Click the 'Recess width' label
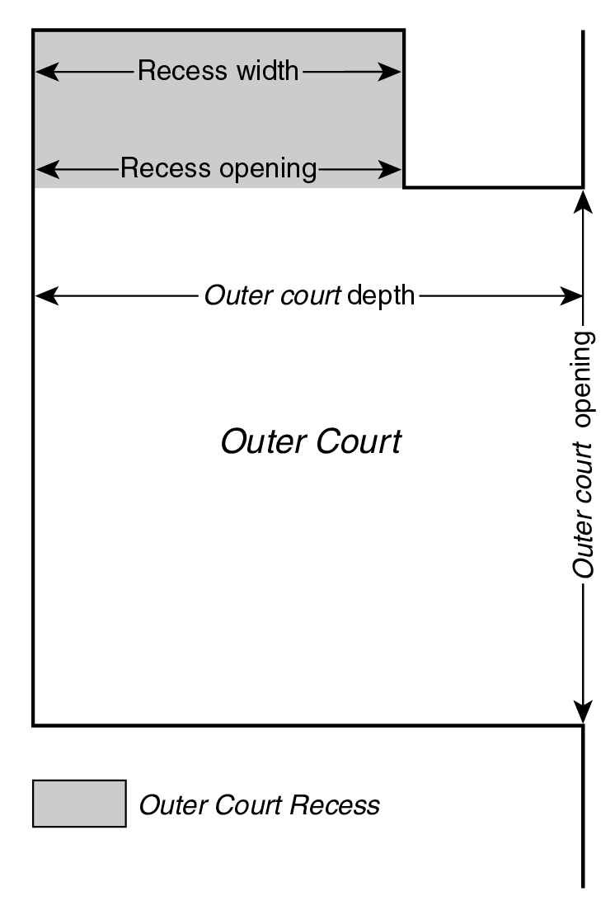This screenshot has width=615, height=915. coord(218,71)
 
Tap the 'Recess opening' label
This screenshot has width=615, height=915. coord(218,169)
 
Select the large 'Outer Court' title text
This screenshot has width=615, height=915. coord(311,442)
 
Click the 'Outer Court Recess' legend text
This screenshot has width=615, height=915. coord(260,804)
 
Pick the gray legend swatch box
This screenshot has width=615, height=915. coord(79,804)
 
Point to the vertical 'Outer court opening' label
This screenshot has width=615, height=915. coord(584,454)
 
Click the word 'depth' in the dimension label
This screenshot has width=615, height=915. coord(381,295)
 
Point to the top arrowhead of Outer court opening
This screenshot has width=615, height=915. coord(584,200)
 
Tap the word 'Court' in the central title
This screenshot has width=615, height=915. coord(360,442)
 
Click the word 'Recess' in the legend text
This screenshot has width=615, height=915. coord(340,804)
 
